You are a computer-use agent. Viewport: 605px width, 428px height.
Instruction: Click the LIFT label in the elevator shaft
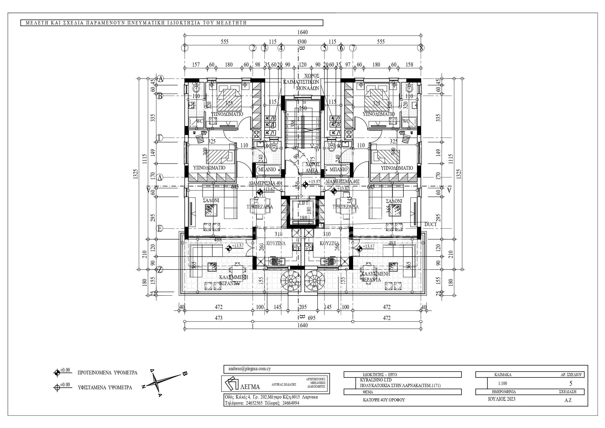pos(303,203)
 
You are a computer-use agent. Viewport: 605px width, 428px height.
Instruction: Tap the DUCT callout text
pos(430,224)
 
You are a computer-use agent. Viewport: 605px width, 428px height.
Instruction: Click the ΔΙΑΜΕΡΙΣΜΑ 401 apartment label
pos(265,183)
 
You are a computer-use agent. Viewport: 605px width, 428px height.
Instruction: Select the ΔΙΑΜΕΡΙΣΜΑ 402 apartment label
pos(342,181)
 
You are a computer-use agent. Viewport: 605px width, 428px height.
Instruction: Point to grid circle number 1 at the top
pos(185,48)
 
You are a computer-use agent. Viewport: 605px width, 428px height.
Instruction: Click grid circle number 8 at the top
pos(421,48)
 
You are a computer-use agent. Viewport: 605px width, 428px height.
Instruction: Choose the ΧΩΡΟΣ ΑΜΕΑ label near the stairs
pos(312,168)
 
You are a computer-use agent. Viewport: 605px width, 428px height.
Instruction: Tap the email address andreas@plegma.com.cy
pos(249,369)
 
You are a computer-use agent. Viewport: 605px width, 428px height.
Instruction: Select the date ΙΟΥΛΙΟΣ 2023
pos(501,399)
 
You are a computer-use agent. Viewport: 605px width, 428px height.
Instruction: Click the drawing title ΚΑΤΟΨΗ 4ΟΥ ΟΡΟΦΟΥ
pos(384,400)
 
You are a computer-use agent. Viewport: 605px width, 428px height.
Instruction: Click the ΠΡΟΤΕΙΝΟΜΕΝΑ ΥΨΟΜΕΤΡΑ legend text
pos(107,373)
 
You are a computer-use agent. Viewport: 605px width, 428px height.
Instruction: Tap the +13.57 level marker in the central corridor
pos(305,185)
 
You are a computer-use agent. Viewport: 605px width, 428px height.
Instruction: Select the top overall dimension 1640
pos(302,32)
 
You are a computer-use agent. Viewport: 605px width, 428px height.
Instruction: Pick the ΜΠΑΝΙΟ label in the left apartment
pos(267,169)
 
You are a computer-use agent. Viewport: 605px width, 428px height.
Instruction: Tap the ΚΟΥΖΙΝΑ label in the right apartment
pos(329,243)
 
